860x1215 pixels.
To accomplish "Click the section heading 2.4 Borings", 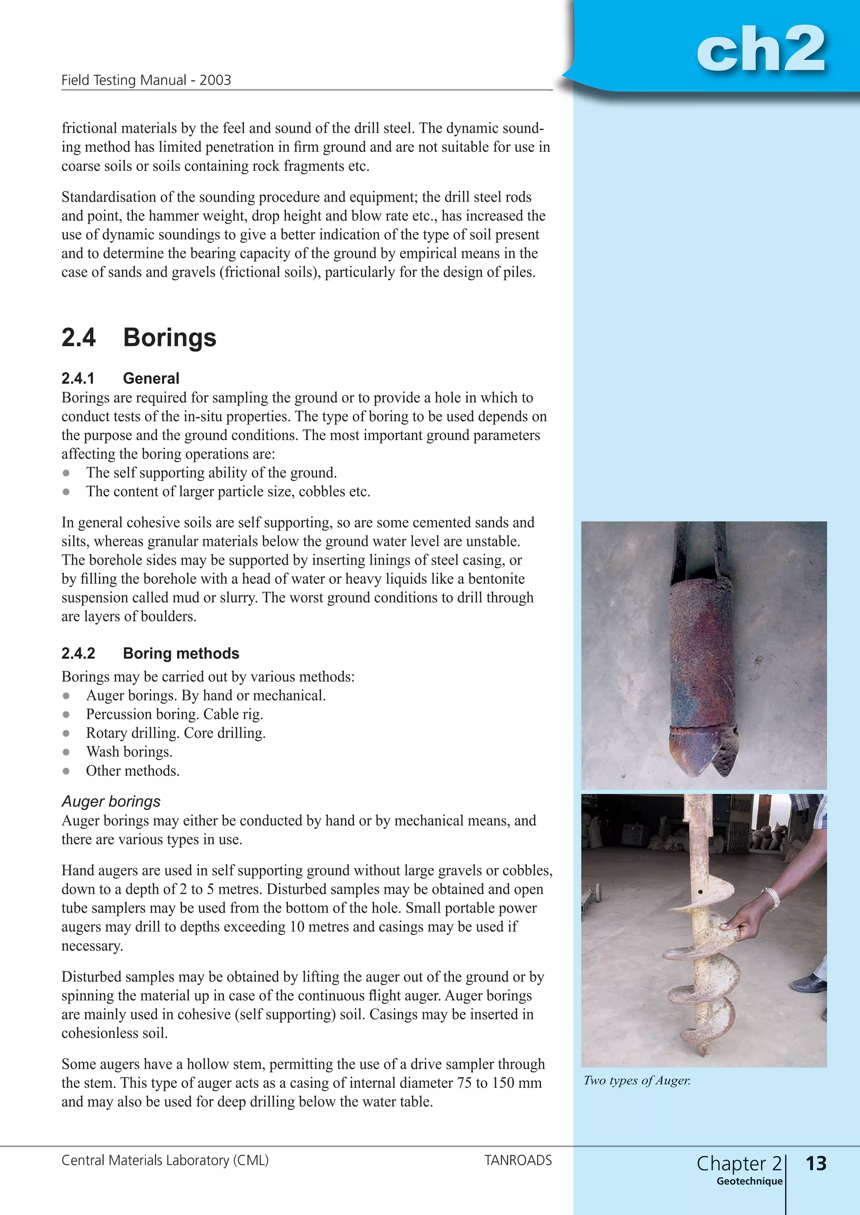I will point(139,338).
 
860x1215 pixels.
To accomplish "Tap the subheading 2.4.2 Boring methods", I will point(150,654).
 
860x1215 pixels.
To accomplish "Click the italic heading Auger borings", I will point(111,802).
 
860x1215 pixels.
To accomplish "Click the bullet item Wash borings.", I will point(129,752).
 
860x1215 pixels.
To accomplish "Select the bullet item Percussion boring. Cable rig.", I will point(174,714).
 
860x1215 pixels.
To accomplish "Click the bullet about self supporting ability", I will point(211,472).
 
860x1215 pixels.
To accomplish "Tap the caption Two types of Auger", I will point(637,1081).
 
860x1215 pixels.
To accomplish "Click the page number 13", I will point(815,1163).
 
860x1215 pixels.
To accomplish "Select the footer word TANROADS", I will point(518,1160).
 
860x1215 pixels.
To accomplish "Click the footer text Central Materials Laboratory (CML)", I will point(165,1160).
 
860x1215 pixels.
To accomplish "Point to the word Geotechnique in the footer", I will point(749,1181).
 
